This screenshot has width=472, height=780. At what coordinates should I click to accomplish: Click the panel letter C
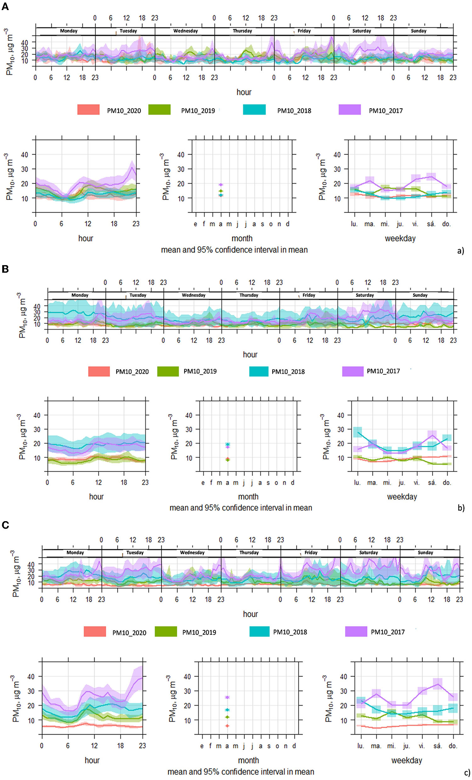pos(5,525)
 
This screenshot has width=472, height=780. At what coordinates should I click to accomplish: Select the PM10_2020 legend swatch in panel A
pos(88,109)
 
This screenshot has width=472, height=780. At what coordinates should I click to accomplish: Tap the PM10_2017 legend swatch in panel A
pos(349,109)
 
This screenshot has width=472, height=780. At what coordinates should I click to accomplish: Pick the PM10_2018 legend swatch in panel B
pos(259,371)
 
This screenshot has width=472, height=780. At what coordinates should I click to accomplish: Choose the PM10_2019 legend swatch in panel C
pos(166,632)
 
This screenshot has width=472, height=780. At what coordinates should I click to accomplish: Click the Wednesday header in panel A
pos(185,31)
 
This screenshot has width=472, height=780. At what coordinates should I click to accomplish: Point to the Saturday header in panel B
pos(365,295)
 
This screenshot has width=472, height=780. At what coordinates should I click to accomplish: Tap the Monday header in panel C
pos(75,552)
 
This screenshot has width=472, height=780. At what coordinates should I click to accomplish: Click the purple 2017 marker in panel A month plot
pos(221,185)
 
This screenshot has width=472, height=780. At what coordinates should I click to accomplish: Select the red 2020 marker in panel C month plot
pos(227,726)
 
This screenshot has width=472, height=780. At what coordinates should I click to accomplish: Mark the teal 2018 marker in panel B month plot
pos(228,444)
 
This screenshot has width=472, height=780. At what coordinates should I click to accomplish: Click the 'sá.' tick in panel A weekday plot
pos(431,224)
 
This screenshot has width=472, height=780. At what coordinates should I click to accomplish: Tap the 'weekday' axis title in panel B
pos(402,497)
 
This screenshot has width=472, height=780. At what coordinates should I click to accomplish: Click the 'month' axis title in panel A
pos(242,238)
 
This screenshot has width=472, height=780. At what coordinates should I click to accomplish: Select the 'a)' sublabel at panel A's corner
pos(460,251)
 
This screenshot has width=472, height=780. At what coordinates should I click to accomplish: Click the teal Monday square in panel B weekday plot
pos(358,432)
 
